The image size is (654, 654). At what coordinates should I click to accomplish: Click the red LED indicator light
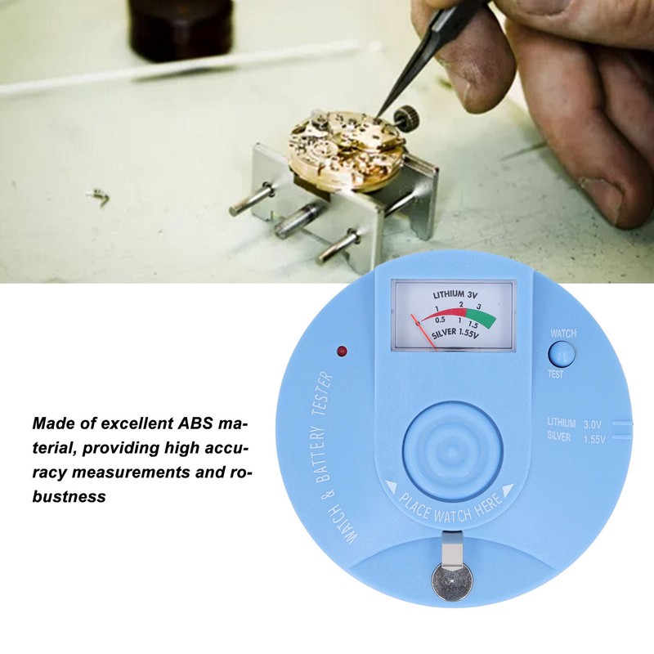(x=342, y=352)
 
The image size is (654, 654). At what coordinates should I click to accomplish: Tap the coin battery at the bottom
(x=449, y=586)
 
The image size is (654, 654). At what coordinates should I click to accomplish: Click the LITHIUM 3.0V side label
(x=576, y=423)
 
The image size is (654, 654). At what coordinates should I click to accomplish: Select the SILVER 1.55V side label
(x=576, y=440)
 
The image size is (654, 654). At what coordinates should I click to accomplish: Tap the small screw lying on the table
(x=98, y=197)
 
